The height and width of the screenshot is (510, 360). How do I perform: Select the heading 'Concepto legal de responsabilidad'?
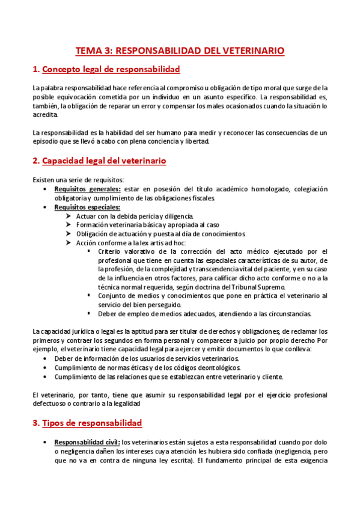pos(111,70)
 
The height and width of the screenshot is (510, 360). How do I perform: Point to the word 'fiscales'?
pos(199,198)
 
